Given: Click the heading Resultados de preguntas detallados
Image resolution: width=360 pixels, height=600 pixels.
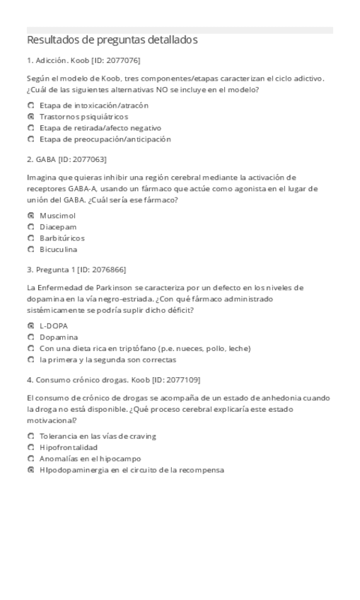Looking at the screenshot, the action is coord(112,40).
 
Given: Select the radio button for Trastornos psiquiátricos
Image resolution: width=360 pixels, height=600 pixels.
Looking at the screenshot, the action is coord(30,117).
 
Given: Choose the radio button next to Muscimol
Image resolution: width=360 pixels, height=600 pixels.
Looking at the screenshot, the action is coord(30,215).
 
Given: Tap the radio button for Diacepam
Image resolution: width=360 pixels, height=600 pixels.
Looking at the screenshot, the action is coord(30,226).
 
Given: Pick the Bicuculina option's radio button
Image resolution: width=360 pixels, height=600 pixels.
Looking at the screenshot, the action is coord(30,249).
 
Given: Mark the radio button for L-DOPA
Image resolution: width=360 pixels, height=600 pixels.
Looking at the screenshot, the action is coord(30,325).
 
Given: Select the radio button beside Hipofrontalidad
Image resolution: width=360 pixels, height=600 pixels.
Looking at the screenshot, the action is coord(30,447).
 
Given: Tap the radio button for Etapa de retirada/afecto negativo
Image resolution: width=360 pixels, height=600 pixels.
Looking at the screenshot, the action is coord(30,128).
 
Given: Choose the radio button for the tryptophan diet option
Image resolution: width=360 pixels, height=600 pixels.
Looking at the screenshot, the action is coord(30,347).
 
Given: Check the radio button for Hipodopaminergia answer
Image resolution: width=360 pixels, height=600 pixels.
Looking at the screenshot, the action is coord(30,470).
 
